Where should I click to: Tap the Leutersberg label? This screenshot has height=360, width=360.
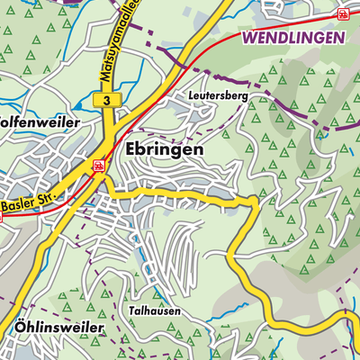pyautogui.click(x=219, y=93)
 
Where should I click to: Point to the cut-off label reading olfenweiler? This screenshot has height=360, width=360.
pyautogui.click(x=40, y=121)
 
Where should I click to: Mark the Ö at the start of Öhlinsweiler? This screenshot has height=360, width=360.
pyautogui.click(x=21, y=328)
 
